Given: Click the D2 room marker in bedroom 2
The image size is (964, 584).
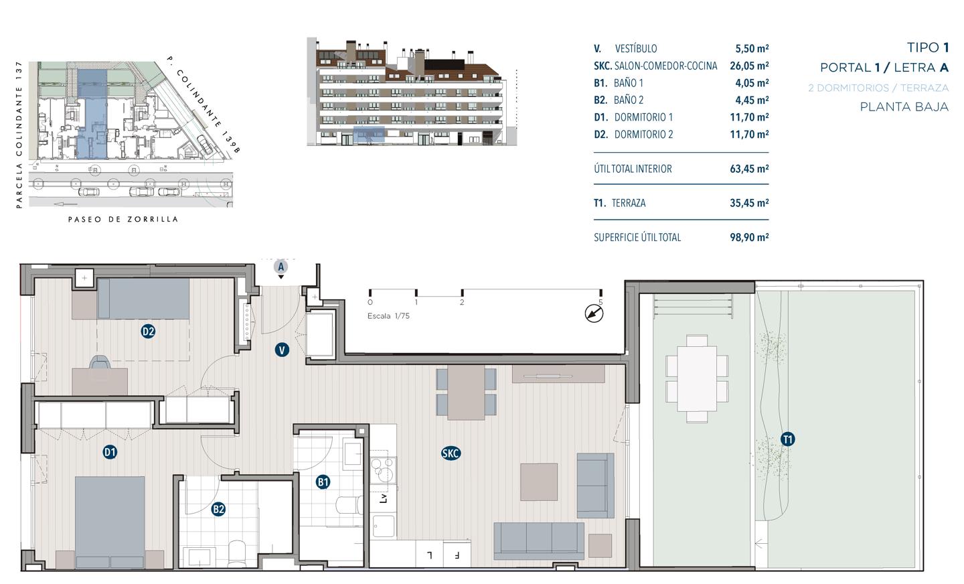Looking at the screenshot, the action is tap(148, 332).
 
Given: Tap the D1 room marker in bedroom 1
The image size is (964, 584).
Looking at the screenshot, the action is tap(110, 452).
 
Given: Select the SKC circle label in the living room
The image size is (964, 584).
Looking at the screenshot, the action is tap(451, 453).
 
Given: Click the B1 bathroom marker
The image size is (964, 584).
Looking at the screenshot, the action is tap(323, 482).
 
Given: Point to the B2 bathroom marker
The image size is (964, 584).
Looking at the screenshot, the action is tap(219, 510).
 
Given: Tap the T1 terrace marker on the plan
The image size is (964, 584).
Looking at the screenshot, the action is tap(787, 439).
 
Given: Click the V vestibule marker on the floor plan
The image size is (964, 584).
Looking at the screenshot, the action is tap(282, 350).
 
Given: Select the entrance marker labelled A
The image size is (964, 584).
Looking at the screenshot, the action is tap(281, 267).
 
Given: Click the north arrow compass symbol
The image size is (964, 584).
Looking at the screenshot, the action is tap(594, 313).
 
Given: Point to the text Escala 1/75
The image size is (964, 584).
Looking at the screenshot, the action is tap(388, 316).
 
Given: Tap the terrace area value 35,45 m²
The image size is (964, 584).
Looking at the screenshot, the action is tap(749, 203).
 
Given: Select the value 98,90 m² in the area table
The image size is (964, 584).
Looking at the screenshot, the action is tap(749, 237).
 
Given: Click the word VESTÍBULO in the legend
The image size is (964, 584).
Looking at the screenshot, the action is tap(636, 49).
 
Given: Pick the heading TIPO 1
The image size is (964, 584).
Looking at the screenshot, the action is tap(928, 48).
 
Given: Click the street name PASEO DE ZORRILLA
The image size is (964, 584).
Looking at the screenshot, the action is tap(123, 219).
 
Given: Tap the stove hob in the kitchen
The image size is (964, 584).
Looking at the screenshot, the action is tap(383, 469).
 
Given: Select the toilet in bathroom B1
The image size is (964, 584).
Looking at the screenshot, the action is tap(349, 505).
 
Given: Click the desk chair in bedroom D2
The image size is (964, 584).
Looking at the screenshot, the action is tap(100, 362).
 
